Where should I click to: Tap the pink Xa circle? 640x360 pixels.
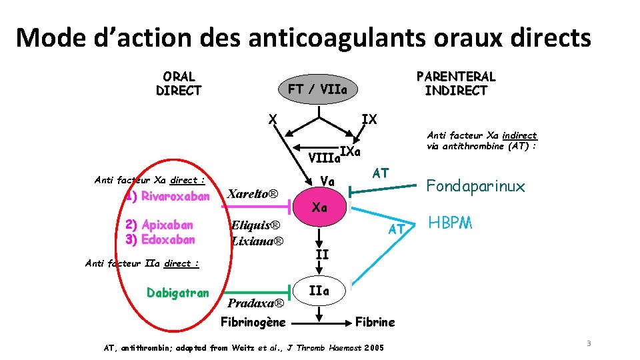click(x=320, y=207)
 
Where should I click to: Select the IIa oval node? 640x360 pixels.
click(x=320, y=291)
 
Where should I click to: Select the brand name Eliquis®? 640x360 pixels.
click(x=255, y=225)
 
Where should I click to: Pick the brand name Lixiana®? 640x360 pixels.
click(x=257, y=241)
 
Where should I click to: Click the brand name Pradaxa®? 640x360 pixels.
click(x=256, y=304)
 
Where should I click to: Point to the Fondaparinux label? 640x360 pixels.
click(x=475, y=186)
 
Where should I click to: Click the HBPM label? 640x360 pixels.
click(x=450, y=223)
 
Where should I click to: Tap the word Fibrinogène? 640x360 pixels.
click(x=253, y=322)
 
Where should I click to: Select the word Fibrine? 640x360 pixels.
click(x=375, y=322)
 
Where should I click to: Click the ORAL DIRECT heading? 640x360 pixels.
click(x=179, y=84)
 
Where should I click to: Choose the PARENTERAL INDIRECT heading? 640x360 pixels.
click(x=456, y=84)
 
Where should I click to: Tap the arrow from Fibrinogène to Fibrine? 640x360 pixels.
click(x=324, y=323)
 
